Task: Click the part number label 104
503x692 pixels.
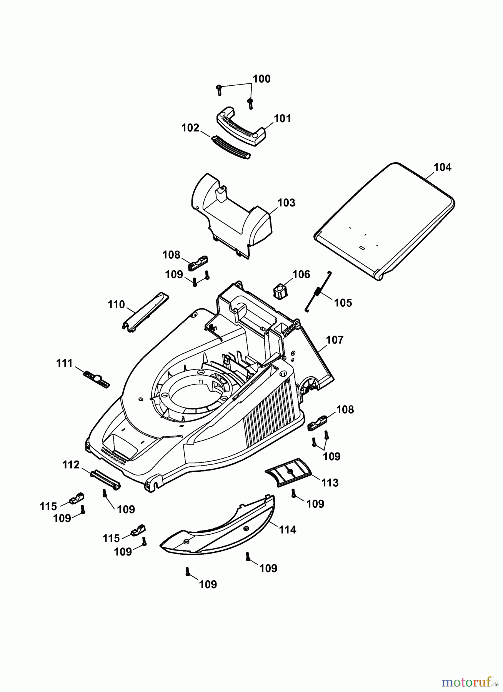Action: click(442, 167)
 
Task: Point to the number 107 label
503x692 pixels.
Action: click(335, 340)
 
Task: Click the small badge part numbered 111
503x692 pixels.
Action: click(97, 379)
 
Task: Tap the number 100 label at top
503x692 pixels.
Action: click(261, 79)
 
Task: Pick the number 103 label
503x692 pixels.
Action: click(286, 203)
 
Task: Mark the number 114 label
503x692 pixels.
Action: click(287, 530)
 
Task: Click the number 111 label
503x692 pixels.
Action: click(64, 363)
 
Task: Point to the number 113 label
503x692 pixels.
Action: click(330, 482)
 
